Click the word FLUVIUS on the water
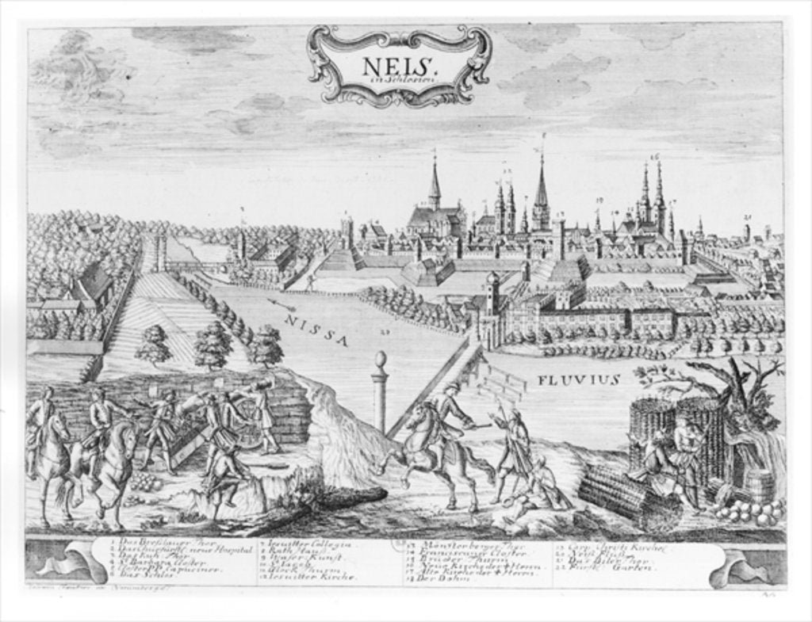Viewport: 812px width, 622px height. [x=578, y=380]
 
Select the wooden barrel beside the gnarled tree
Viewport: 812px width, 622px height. [x=758, y=484]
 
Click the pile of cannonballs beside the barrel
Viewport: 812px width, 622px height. [x=749, y=511]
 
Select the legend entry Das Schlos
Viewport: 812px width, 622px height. [x=151, y=578]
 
